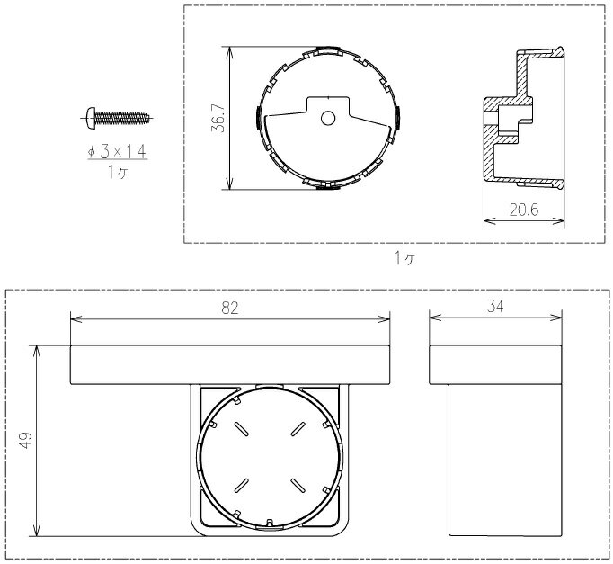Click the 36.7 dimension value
218,118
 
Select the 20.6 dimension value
524,210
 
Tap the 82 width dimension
229,309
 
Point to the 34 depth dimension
495,306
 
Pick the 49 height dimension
25,440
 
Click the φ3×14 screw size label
117,151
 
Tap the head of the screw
91,118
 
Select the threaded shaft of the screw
122,118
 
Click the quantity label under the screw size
118,172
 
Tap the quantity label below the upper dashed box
404,258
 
